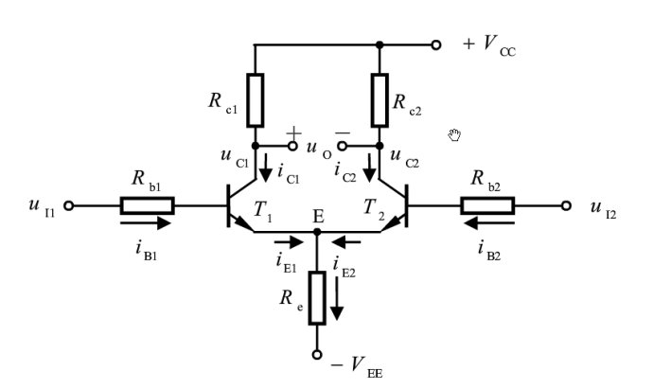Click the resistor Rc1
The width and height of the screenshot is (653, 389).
point(256,100)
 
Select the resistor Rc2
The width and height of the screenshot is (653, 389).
point(379,100)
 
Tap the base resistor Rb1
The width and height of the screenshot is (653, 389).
point(148,205)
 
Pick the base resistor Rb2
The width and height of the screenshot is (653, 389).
point(487,205)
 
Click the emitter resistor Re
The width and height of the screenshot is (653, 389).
point(317,297)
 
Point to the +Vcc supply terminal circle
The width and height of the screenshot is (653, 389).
point(435,44)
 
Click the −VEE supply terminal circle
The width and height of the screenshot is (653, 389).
point(317,355)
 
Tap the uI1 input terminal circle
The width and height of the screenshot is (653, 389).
point(69,205)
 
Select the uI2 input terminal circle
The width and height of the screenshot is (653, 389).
point(566,205)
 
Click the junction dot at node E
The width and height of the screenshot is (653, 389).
point(317,232)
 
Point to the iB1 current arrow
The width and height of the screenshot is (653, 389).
point(146,223)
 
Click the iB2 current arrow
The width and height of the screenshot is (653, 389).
point(489,223)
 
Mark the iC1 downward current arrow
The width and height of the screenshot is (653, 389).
point(265,168)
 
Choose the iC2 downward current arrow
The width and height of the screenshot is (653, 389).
point(369,168)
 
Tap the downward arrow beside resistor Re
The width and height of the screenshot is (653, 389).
point(337,299)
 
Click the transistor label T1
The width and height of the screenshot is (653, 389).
point(262,209)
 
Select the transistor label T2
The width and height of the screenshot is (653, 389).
point(374,208)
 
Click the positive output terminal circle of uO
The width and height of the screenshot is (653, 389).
point(292,146)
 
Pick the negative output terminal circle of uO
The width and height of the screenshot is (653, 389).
point(342,146)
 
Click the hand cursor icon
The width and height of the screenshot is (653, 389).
point(454,135)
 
